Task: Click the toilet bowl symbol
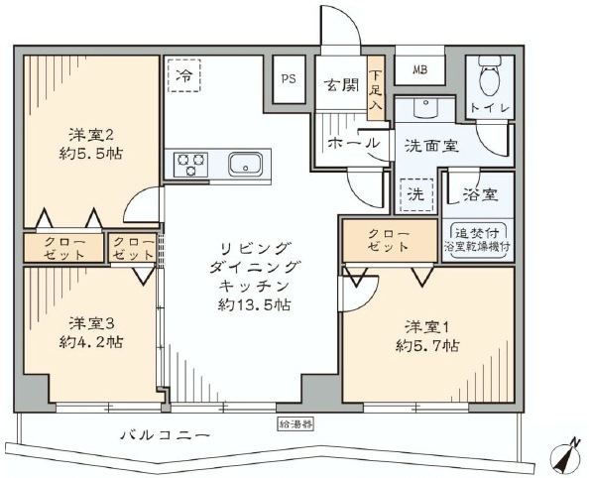(x=490, y=76)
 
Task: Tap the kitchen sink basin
(x=246, y=164)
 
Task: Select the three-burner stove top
(x=190, y=164)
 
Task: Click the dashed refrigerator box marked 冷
(x=184, y=74)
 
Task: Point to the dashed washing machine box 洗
(x=416, y=194)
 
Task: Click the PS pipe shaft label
(x=289, y=79)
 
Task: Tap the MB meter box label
(x=420, y=69)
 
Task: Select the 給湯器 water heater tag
(x=295, y=424)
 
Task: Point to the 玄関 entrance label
(x=341, y=85)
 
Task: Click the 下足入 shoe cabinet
(x=376, y=88)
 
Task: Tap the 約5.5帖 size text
(x=90, y=154)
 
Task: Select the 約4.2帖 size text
(x=90, y=342)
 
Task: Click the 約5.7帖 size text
(x=426, y=346)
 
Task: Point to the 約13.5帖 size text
(x=254, y=304)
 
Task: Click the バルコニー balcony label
(x=165, y=436)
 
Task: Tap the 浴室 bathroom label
(x=480, y=194)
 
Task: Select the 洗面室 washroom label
(x=431, y=146)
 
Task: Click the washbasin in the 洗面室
(x=426, y=106)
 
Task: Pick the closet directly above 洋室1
(x=390, y=241)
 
